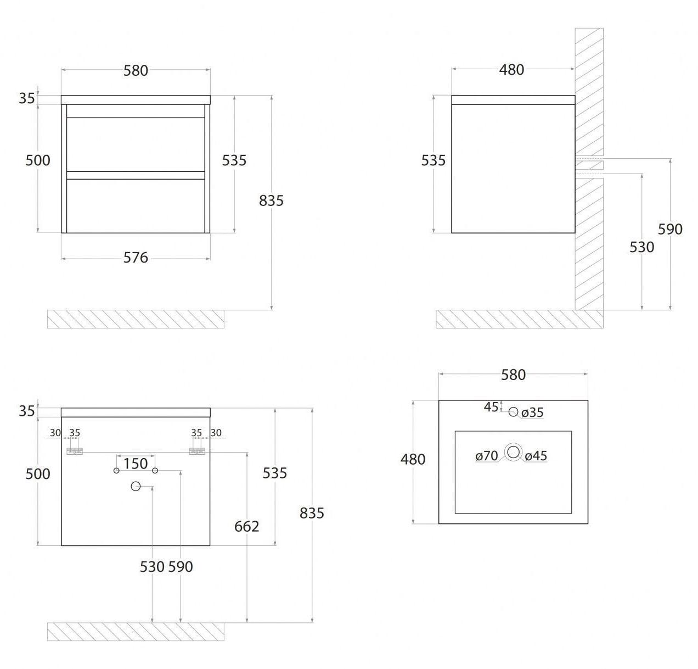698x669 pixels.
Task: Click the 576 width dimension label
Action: (x=136, y=258)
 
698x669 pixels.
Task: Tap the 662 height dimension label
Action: (x=247, y=526)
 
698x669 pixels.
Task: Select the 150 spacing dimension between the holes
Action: (x=136, y=464)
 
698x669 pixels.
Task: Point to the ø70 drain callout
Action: (x=487, y=456)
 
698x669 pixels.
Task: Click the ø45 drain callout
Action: (x=536, y=456)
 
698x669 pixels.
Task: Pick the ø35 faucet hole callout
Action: (x=533, y=412)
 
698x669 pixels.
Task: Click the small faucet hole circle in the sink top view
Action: (x=513, y=411)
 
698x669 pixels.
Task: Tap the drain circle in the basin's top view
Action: (x=513, y=452)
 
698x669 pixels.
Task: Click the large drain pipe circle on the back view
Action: (x=135, y=486)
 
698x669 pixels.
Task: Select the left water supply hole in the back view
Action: (x=116, y=470)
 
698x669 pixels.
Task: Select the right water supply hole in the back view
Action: (x=155, y=470)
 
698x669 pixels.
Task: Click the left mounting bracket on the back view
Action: (x=75, y=451)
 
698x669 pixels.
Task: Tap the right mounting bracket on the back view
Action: (x=197, y=451)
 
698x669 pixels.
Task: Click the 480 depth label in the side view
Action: (x=511, y=70)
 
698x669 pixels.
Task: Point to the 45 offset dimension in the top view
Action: (x=491, y=407)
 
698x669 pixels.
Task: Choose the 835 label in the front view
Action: (x=271, y=200)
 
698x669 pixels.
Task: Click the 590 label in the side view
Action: (x=670, y=229)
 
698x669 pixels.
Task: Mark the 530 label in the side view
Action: (x=641, y=247)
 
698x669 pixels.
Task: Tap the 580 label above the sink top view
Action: (x=513, y=375)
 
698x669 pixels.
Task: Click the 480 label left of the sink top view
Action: (x=413, y=459)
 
